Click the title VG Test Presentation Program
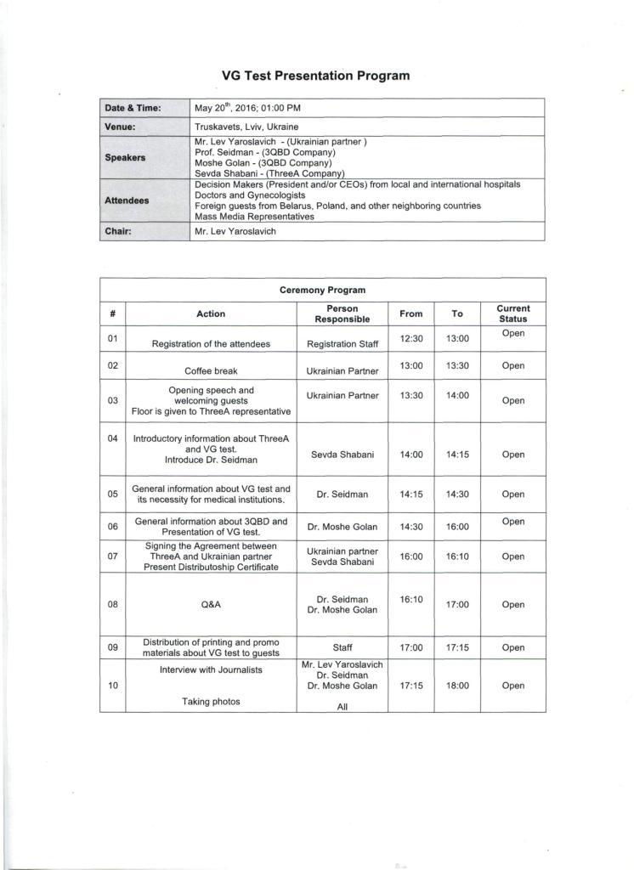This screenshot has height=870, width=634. (315, 76)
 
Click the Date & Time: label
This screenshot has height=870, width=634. (133, 108)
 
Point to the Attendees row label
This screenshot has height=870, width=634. (127, 201)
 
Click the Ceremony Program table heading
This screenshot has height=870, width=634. (322, 290)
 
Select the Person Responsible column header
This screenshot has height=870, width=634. (342, 314)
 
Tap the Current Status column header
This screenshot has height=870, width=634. (512, 314)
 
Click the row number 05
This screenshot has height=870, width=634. (112, 493)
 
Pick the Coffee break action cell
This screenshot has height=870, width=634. (211, 371)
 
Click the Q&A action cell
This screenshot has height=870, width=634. (211, 605)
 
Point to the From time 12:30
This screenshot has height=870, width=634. (410, 338)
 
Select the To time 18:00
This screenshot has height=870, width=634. (457, 686)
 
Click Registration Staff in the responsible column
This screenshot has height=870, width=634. (342, 344)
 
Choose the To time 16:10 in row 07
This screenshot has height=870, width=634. (457, 556)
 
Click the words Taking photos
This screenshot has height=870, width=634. (211, 702)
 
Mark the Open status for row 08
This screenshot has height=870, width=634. (512, 605)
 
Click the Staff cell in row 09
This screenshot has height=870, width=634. (342, 647)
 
